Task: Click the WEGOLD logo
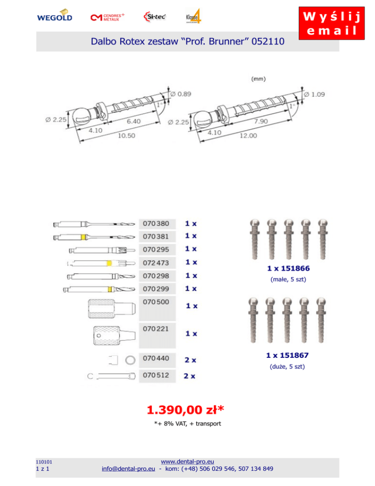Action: [x=55, y=16]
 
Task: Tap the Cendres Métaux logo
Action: [x=107, y=17]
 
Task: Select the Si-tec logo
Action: [x=155, y=17]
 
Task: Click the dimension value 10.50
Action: [x=126, y=135]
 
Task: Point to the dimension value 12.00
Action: [x=248, y=135]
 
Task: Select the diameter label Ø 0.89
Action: [x=181, y=94]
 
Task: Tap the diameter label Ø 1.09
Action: [x=314, y=94]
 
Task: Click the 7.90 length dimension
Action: [x=261, y=121]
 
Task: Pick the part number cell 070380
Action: [x=157, y=223]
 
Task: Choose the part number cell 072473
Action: [x=157, y=263]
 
